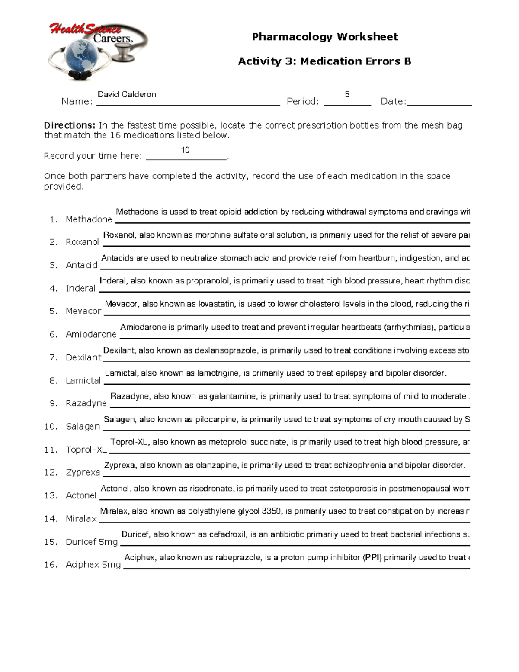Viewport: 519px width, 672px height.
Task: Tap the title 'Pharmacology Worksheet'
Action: click(x=325, y=37)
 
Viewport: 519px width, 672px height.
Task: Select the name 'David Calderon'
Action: click(x=127, y=94)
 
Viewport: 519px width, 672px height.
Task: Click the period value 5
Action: click(x=347, y=94)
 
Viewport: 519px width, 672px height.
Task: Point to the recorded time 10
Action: click(x=185, y=150)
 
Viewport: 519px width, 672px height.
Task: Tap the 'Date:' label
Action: click(x=393, y=102)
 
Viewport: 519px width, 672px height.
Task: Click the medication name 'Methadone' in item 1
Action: click(x=89, y=219)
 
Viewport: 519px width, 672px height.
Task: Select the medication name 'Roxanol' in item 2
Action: click(x=82, y=242)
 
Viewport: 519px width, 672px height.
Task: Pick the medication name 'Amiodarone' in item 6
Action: click(x=91, y=334)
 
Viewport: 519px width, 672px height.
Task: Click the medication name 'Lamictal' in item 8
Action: click(x=83, y=381)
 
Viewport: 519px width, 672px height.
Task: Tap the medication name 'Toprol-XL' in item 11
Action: click(x=86, y=450)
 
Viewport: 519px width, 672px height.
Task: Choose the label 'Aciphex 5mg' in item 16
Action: click(x=93, y=564)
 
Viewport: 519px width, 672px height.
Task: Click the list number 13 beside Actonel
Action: click(x=51, y=495)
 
